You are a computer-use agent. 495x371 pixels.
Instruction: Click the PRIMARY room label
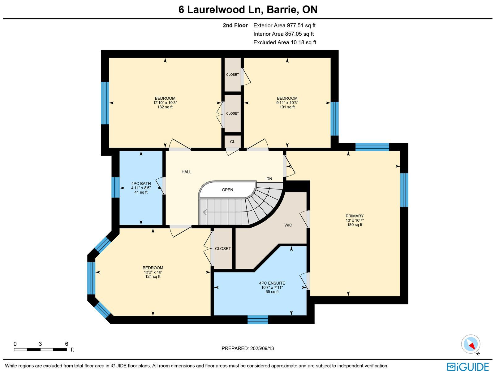[x=355, y=216]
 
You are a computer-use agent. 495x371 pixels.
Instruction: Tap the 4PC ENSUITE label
[x=272, y=283]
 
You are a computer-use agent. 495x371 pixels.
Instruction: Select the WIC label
[x=288, y=225]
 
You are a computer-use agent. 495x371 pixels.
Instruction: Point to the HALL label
[x=187, y=172]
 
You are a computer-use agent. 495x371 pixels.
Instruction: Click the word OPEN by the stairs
[x=227, y=190]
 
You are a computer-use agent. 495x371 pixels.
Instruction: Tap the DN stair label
[x=269, y=179]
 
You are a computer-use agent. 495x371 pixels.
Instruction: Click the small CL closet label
[x=233, y=142]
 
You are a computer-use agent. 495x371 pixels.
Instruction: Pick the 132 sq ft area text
[x=165, y=107]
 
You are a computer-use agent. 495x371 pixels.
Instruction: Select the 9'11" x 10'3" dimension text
[x=287, y=103]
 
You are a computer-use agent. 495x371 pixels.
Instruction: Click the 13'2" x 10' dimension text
[x=153, y=272]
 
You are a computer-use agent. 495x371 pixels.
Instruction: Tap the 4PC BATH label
[x=141, y=184]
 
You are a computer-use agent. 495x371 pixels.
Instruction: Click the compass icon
[x=471, y=344]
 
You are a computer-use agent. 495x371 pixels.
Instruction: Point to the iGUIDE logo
[x=468, y=366]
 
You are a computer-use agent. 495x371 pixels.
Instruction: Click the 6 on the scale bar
[x=67, y=344]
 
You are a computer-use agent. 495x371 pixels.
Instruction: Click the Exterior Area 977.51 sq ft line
[x=284, y=25]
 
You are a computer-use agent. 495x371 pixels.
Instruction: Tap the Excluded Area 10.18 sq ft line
[x=285, y=42]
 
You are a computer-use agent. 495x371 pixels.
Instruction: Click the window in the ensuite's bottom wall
[x=258, y=320]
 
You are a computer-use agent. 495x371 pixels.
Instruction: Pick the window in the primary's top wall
[x=372, y=147]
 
